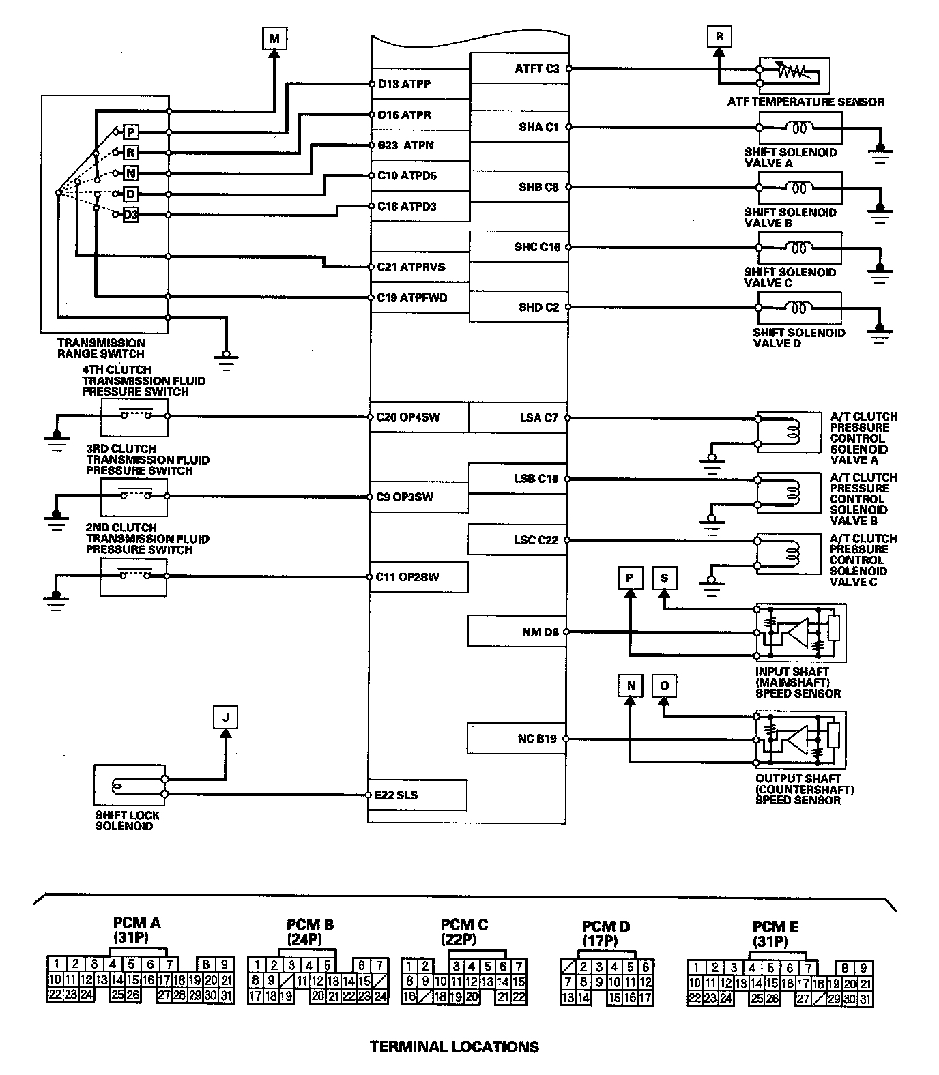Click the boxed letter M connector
click(274, 38)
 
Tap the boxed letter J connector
click(225, 718)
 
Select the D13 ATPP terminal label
click(404, 85)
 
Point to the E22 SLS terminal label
click(397, 795)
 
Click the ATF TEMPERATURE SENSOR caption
click(805, 102)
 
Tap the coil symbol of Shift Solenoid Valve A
click(798, 127)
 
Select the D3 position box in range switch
click(131, 216)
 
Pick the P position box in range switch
click(131, 132)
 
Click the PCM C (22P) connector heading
click(464, 932)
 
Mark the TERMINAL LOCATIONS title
click(454, 1046)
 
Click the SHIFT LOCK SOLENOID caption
click(127, 821)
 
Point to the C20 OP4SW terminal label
click(408, 417)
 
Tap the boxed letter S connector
click(664, 578)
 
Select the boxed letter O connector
click(664, 686)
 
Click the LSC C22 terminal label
click(536, 540)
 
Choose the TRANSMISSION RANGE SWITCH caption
click(101, 349)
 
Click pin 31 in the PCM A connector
click(227, 995)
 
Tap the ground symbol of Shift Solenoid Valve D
click(880, 334)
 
